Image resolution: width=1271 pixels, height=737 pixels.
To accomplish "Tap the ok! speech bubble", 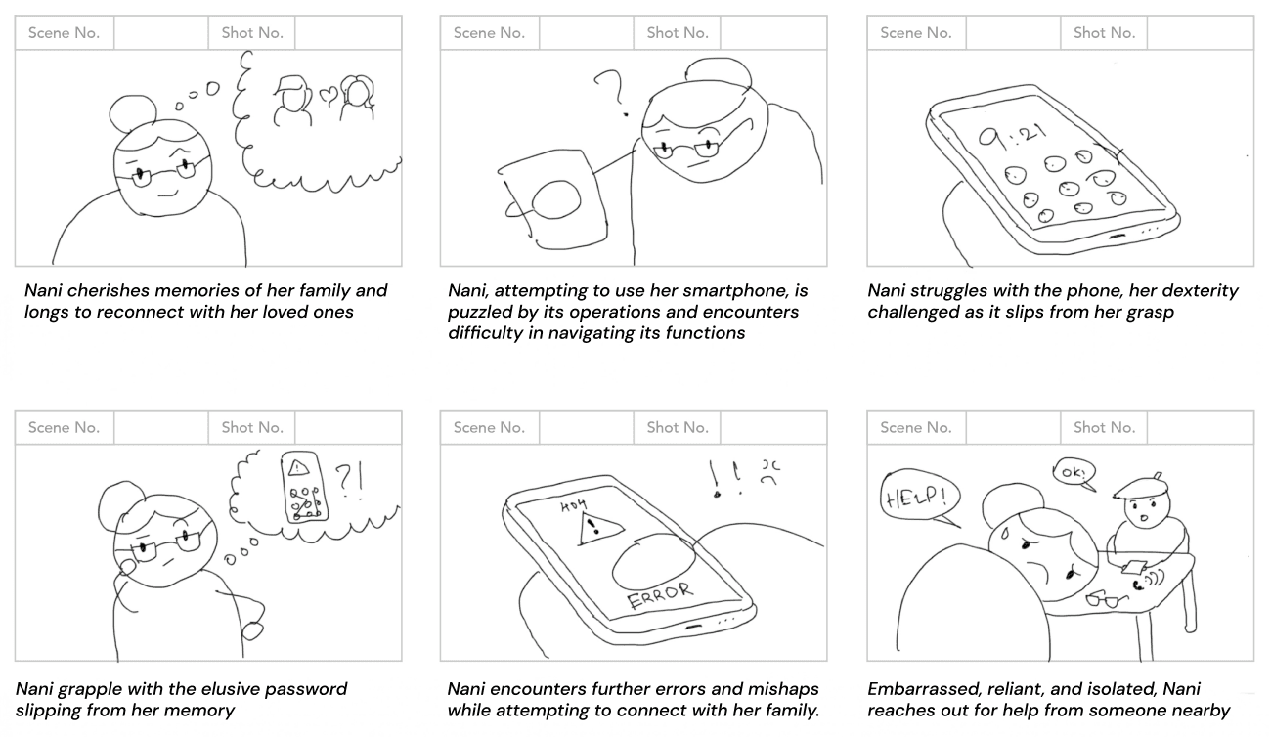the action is (x=1073, y=473).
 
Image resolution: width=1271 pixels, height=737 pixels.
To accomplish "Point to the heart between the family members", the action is (x=329, y=96).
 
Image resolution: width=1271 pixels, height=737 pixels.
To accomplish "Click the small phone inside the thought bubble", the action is (x=303, y=488).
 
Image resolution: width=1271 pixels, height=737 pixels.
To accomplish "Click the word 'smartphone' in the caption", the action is (x=746, y=290).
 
